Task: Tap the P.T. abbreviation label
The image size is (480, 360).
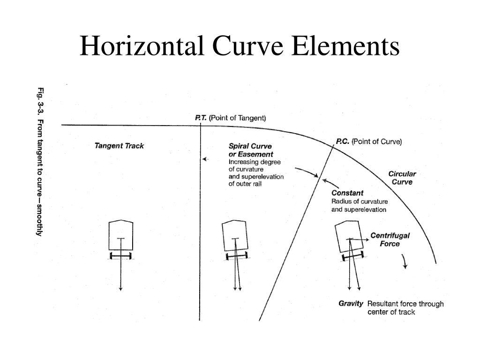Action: click(x=201, y=118)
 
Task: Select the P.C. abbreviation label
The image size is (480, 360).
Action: click(x=343, y=142)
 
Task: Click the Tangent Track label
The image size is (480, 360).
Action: click(x=119, y=146)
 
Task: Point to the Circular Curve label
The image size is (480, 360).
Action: click(x=402, y=178)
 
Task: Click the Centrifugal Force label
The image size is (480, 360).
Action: click(x=390, y=240)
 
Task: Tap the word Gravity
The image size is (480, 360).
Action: click(x=351, y=303)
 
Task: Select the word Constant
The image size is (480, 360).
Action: click(x=347, y=193)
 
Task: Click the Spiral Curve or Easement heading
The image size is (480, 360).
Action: click(x=251, y=150)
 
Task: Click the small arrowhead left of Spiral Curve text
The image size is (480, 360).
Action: click(x=204, y=159)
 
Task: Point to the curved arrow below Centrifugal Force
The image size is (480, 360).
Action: click(x=405, y=262)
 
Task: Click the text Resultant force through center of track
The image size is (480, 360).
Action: click(x=405, y=307)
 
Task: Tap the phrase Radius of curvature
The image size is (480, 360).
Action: click(x=360, y=202)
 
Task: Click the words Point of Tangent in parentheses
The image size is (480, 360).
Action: click(x=238, y=118)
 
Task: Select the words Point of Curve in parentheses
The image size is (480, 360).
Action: click(x=377, y=142)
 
